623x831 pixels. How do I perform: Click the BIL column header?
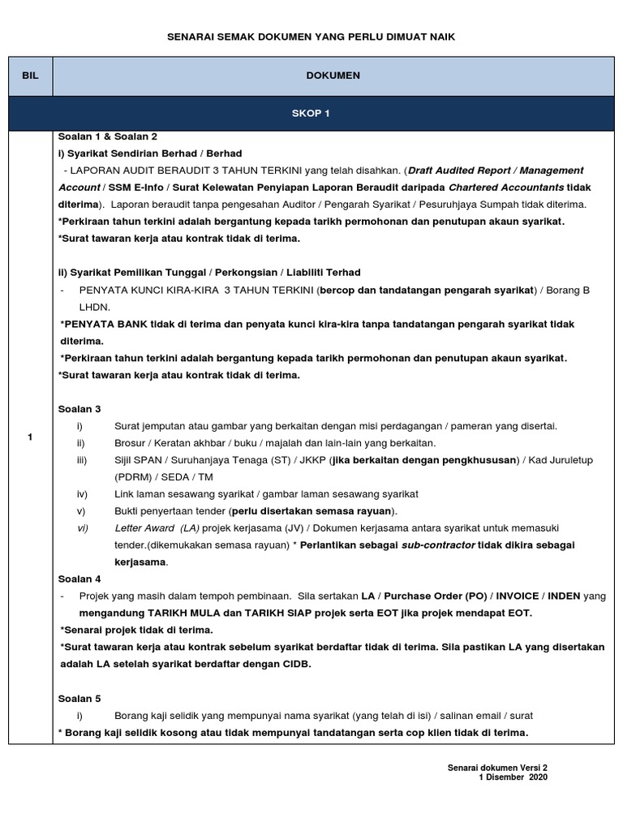click(31, 75)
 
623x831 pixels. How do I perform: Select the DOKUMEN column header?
click(333, 75)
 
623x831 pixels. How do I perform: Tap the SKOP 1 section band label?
click(311, 114)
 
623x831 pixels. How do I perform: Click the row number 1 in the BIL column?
click(30, 438)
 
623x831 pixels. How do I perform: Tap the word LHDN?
click(93, 307)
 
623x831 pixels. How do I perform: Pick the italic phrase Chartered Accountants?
click(506, 187)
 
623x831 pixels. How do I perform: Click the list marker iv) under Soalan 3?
click(82, 493)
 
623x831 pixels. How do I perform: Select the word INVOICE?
click(516, 596)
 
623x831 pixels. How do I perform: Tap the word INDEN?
click(564, 596)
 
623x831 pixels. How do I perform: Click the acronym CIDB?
click(295, 664)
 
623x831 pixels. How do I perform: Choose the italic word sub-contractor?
click(438, 545)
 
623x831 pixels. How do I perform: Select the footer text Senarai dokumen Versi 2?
click(497, 767)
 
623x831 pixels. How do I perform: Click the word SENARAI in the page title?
click(188, 37)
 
